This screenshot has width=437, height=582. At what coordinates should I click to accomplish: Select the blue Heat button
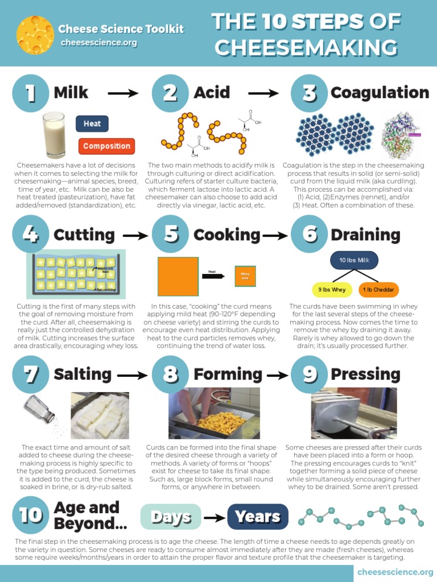[x=92, y=123]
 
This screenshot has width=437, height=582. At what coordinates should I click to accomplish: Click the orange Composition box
[x=106, y=146]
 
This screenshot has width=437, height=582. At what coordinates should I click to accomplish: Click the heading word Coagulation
[x=380, y=93]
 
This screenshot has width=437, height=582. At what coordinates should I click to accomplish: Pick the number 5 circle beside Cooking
[x=170, y=234]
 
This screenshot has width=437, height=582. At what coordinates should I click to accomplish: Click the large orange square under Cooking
[x=178, y=276]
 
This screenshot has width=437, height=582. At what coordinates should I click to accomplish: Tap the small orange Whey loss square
[x=245, y=276]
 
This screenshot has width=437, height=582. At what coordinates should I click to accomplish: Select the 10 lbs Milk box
[x=354, y=260]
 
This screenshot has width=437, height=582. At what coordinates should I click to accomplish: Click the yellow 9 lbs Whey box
[x=332, y=289]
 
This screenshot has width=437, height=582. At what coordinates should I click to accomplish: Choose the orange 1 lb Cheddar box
[x=378, y=289]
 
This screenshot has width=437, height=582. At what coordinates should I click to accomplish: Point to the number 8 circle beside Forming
[x=170, y=375]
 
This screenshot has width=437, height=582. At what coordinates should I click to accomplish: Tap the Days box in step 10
[x=171, y=517]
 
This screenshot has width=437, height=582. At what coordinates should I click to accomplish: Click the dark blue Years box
[x=258, y=517]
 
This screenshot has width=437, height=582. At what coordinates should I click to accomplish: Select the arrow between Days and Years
[x=215, y=517]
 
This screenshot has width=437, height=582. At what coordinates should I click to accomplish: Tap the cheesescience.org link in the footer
[x=394, y=571]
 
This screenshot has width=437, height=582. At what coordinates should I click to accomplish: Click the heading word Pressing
[x=365, y=374]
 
